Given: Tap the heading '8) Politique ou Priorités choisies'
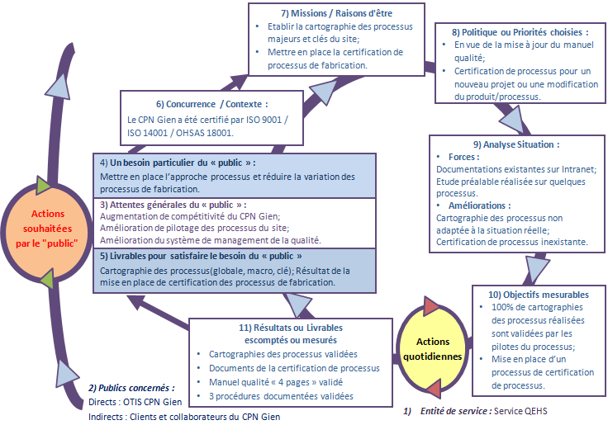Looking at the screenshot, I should tap(520, 31).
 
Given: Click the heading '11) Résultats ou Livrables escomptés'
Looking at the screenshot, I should tap(290, 333).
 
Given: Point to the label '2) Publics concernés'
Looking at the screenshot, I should tap(131, 387).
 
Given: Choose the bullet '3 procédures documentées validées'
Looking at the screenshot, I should tap(281, 396).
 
